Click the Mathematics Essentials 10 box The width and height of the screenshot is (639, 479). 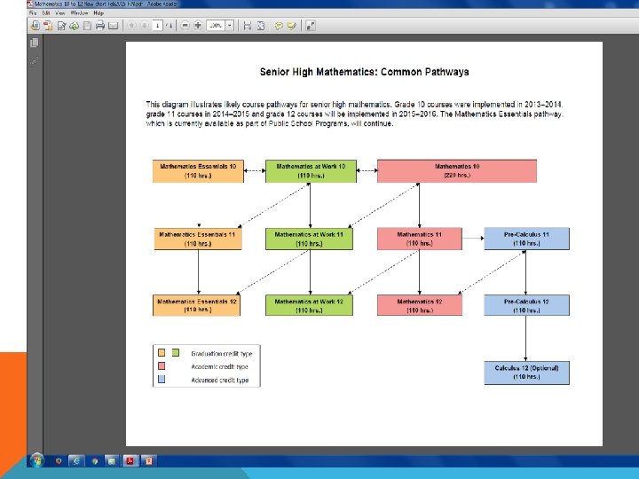click(x=198, y=171)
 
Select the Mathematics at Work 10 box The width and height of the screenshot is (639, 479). click(x=310, y=171)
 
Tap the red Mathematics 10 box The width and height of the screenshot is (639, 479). click(x=456, y=171)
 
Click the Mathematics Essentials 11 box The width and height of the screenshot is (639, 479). click(x=198, y=239)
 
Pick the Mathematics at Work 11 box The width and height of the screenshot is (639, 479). click(x=310, y=239)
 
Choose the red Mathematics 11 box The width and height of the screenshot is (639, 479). click(x=420, y=239)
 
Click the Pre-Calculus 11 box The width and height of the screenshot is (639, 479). click(x=526, y=239)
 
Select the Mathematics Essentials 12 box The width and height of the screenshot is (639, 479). click(x=198, y=305)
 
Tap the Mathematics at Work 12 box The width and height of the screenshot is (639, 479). click(x=310, y=305)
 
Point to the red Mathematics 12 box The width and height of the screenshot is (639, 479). click(x=420, y=305)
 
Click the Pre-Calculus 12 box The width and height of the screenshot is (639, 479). click(x=526, y=305)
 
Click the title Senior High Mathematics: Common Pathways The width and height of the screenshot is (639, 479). click(x=364, y=72)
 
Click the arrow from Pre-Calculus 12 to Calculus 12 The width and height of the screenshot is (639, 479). click(x=526, y=339)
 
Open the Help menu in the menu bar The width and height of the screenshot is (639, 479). click(x=99, y=13)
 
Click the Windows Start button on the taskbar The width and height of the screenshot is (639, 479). click(x=36, y=461)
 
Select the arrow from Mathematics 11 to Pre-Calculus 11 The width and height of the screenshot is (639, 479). click(x=473, y=239)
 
